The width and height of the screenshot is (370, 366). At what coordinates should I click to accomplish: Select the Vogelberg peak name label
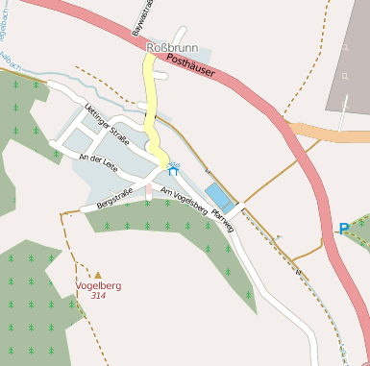tap(98, 285)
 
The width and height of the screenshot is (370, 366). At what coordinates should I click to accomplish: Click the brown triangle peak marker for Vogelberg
tap(98, 275)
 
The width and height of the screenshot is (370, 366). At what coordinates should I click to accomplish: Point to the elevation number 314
tap(98, 296)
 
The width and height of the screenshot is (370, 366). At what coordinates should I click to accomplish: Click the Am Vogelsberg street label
tap(185, 199)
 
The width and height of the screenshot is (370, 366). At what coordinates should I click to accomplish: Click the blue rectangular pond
tap(219, 196)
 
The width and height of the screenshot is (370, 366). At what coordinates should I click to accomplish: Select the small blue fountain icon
tap(173, 170)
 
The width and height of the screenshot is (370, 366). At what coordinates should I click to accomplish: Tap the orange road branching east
tap(327, 132)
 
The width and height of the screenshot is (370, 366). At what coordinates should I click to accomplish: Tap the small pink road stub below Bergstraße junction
tap(148, 192)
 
